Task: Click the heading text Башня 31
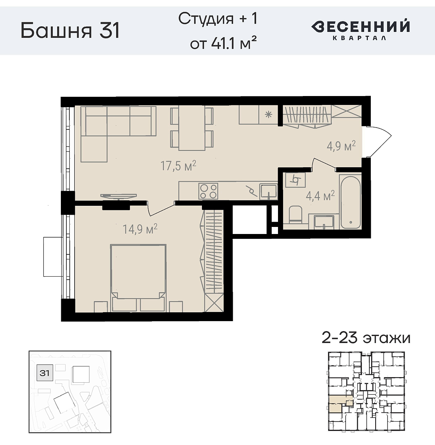click(70, 30)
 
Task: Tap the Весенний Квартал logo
click(360, 29)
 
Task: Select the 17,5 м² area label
click(178, 165)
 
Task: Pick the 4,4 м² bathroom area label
click(320, 195)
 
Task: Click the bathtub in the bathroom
click(350, 202)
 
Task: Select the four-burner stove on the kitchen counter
click(208, 191)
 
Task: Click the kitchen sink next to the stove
click(268, 191)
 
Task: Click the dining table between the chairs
click(192, 128)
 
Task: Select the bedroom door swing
click(160, 208)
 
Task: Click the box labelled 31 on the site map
click(45, 373)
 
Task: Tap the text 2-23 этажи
click(366, 338)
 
